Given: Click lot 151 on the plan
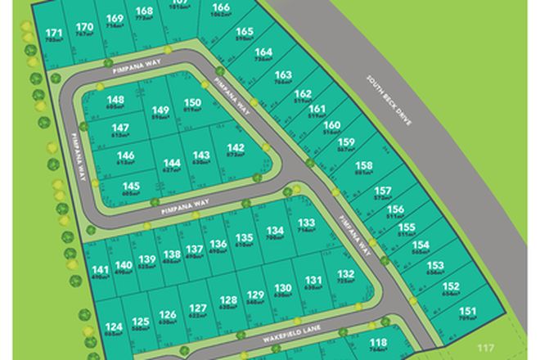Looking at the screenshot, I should point(467,312).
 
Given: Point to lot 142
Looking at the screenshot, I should point(234,149).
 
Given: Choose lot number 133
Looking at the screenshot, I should point(307,224).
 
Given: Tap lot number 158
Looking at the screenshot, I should point(364,167).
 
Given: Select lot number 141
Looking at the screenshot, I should point(100,271).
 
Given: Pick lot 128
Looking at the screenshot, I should point(228,301).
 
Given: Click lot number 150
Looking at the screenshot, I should point(192,102).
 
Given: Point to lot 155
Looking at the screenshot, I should point(407,227).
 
